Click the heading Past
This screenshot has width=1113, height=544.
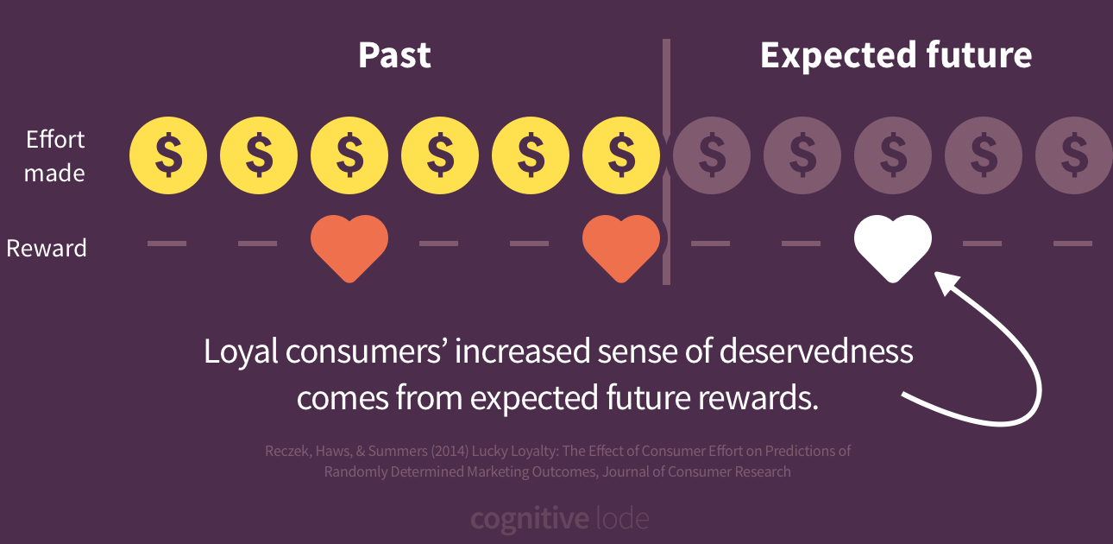(x=394, y=56)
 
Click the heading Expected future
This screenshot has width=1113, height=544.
(x=896, y=56)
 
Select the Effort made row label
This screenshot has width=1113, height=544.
(x=55, y=156)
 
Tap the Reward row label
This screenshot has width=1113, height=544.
(x=47, y=249)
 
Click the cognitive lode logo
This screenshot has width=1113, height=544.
(x=559, y=520)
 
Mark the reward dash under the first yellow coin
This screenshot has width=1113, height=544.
(x=167, y=244)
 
